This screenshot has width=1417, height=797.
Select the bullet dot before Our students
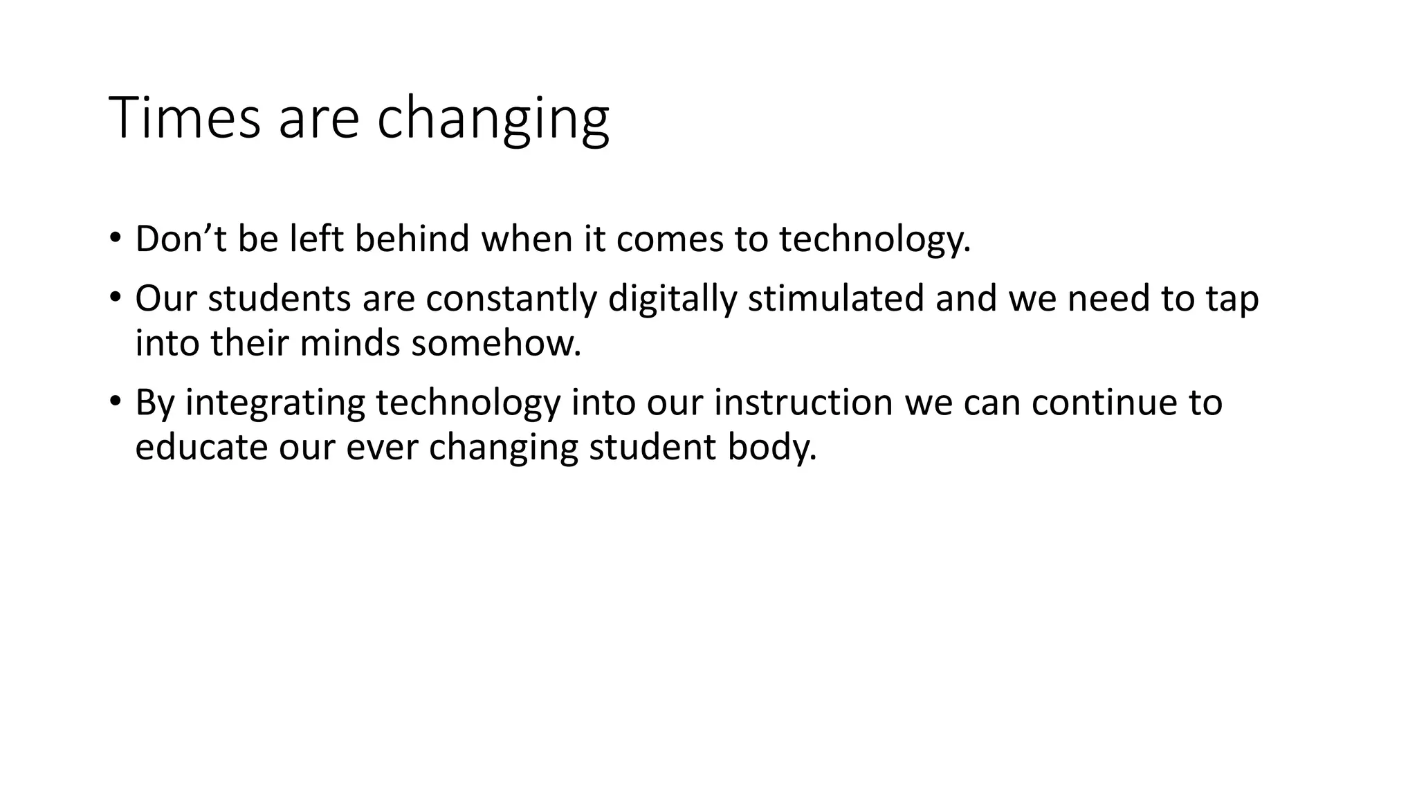tap(115, 297)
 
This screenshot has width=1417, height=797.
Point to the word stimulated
tap(836, 299)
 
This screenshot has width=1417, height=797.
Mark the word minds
tap(349, 344)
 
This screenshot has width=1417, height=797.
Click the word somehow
tap(495, 344)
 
